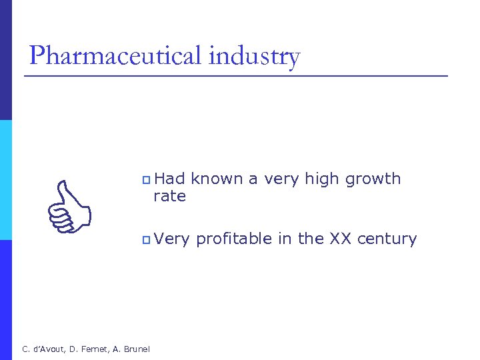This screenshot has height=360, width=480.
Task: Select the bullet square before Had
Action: tap(147, 180)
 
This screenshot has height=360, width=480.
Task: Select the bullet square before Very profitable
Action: tap(147, 239)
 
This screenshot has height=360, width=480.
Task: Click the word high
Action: tap(321, 179)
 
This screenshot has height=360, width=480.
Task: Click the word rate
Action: tap(170, 196)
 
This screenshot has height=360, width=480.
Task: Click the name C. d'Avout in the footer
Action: tap(44, 349)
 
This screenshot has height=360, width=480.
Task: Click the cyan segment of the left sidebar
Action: tap(6, 180)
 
